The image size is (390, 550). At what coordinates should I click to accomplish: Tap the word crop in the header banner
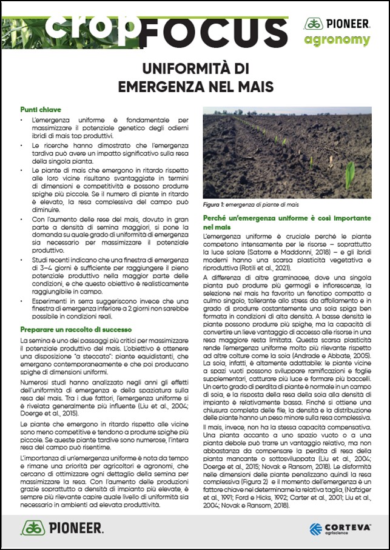click(91, 24)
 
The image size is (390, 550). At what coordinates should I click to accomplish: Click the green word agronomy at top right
click(337, 40)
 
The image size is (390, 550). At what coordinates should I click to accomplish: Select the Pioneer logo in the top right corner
click(337, 24)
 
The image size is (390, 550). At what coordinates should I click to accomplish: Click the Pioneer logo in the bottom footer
click(62, 527)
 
